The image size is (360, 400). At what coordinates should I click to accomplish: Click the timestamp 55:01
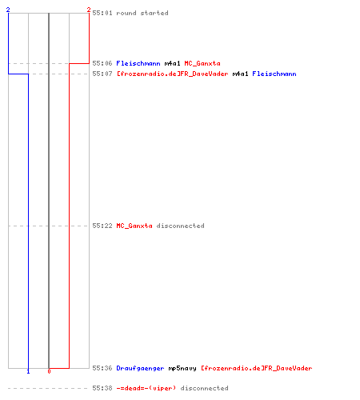point(102,13)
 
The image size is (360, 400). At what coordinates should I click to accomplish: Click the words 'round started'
point(142,13)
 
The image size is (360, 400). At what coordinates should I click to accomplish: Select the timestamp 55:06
point(102,63)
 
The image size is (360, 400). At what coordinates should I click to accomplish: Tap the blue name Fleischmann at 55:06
point(138,63)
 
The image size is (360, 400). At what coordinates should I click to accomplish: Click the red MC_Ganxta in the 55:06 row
point(202,63)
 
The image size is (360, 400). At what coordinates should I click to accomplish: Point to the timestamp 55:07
point(102,74)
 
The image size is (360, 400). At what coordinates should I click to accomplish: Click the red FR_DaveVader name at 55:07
point(173,74)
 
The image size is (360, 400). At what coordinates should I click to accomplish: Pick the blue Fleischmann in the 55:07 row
point(274,74)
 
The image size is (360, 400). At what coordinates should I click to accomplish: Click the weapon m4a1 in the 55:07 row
point(240,74)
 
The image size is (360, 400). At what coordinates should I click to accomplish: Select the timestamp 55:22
point(102,226)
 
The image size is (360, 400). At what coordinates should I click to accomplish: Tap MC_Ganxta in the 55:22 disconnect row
point(134,226)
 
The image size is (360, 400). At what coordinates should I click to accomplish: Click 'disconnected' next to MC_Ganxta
point(181,226)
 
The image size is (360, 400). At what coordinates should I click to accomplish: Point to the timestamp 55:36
point(102,368)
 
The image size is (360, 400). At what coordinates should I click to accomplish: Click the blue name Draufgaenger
point(140,368)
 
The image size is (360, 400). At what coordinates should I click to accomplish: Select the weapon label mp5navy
point(182,368)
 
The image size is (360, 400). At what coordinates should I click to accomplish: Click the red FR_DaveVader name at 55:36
point(257,368)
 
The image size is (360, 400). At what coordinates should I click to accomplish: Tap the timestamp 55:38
point(102,388)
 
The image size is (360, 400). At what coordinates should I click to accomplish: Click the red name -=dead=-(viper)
point(146,388)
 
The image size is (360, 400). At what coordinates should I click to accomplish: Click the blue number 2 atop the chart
point(8,10)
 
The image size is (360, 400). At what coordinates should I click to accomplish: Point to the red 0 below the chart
point(49,371)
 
